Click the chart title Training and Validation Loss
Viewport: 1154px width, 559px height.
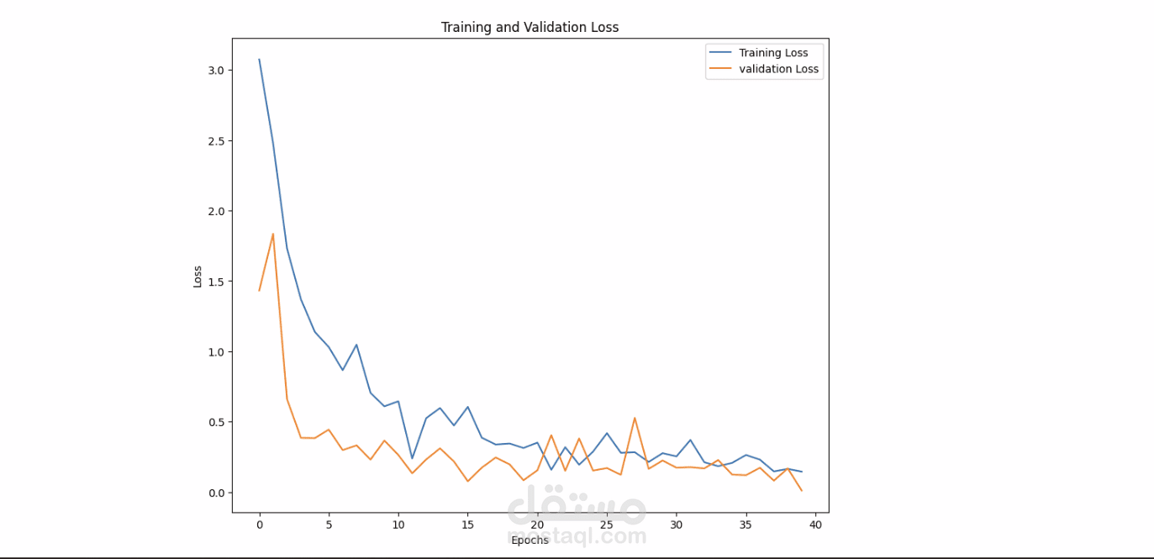[530, 28]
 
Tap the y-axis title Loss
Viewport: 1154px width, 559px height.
[198, 277]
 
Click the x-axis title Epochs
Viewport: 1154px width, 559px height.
[530, 540]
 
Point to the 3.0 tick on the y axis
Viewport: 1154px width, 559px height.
[215, 71]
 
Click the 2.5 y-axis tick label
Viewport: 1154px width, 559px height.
[215, 141]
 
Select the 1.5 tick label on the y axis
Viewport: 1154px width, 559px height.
[215, 282]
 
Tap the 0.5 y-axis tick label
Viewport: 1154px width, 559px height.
[215, 422]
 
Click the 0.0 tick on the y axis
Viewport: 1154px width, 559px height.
[215, 493]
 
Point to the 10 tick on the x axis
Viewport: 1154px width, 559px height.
[398, 525]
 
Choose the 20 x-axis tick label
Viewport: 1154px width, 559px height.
[537, 525]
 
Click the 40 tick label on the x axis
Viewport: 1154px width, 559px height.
[815, 525]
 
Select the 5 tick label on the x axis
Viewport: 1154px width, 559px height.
[329, 525]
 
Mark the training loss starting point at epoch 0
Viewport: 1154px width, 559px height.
[259, 59]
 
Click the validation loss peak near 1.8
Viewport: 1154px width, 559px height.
[273, 234]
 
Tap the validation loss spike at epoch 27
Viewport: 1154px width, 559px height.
[635, 418]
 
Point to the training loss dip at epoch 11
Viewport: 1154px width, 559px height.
[412, 459]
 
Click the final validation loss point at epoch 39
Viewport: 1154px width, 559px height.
[802, 491]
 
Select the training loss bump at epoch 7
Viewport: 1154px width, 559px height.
[356, 345]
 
